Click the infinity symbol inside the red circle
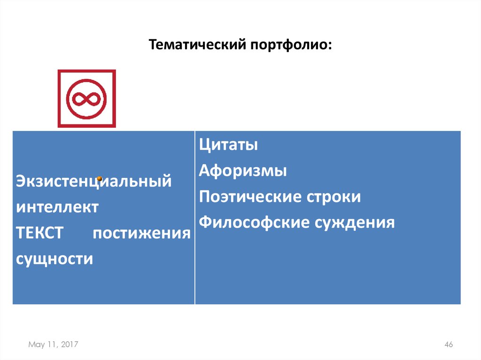click(x=86, y=99)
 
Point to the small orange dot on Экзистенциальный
click(x=100, y=178)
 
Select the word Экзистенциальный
click(x=93, y=181)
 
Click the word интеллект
click(x=57, y=207)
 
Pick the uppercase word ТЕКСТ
click(x=39, y=233)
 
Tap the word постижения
click(x=141, y=233)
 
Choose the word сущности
click(x=54, y=259)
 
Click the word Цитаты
click(x=228, y=145)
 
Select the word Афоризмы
click(x=243, y=171)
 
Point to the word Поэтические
click(x=249, y=197)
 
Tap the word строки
click(x=334, y=197)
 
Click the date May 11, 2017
click(x=53, y=345)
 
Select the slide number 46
click(x=448, y=345)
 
